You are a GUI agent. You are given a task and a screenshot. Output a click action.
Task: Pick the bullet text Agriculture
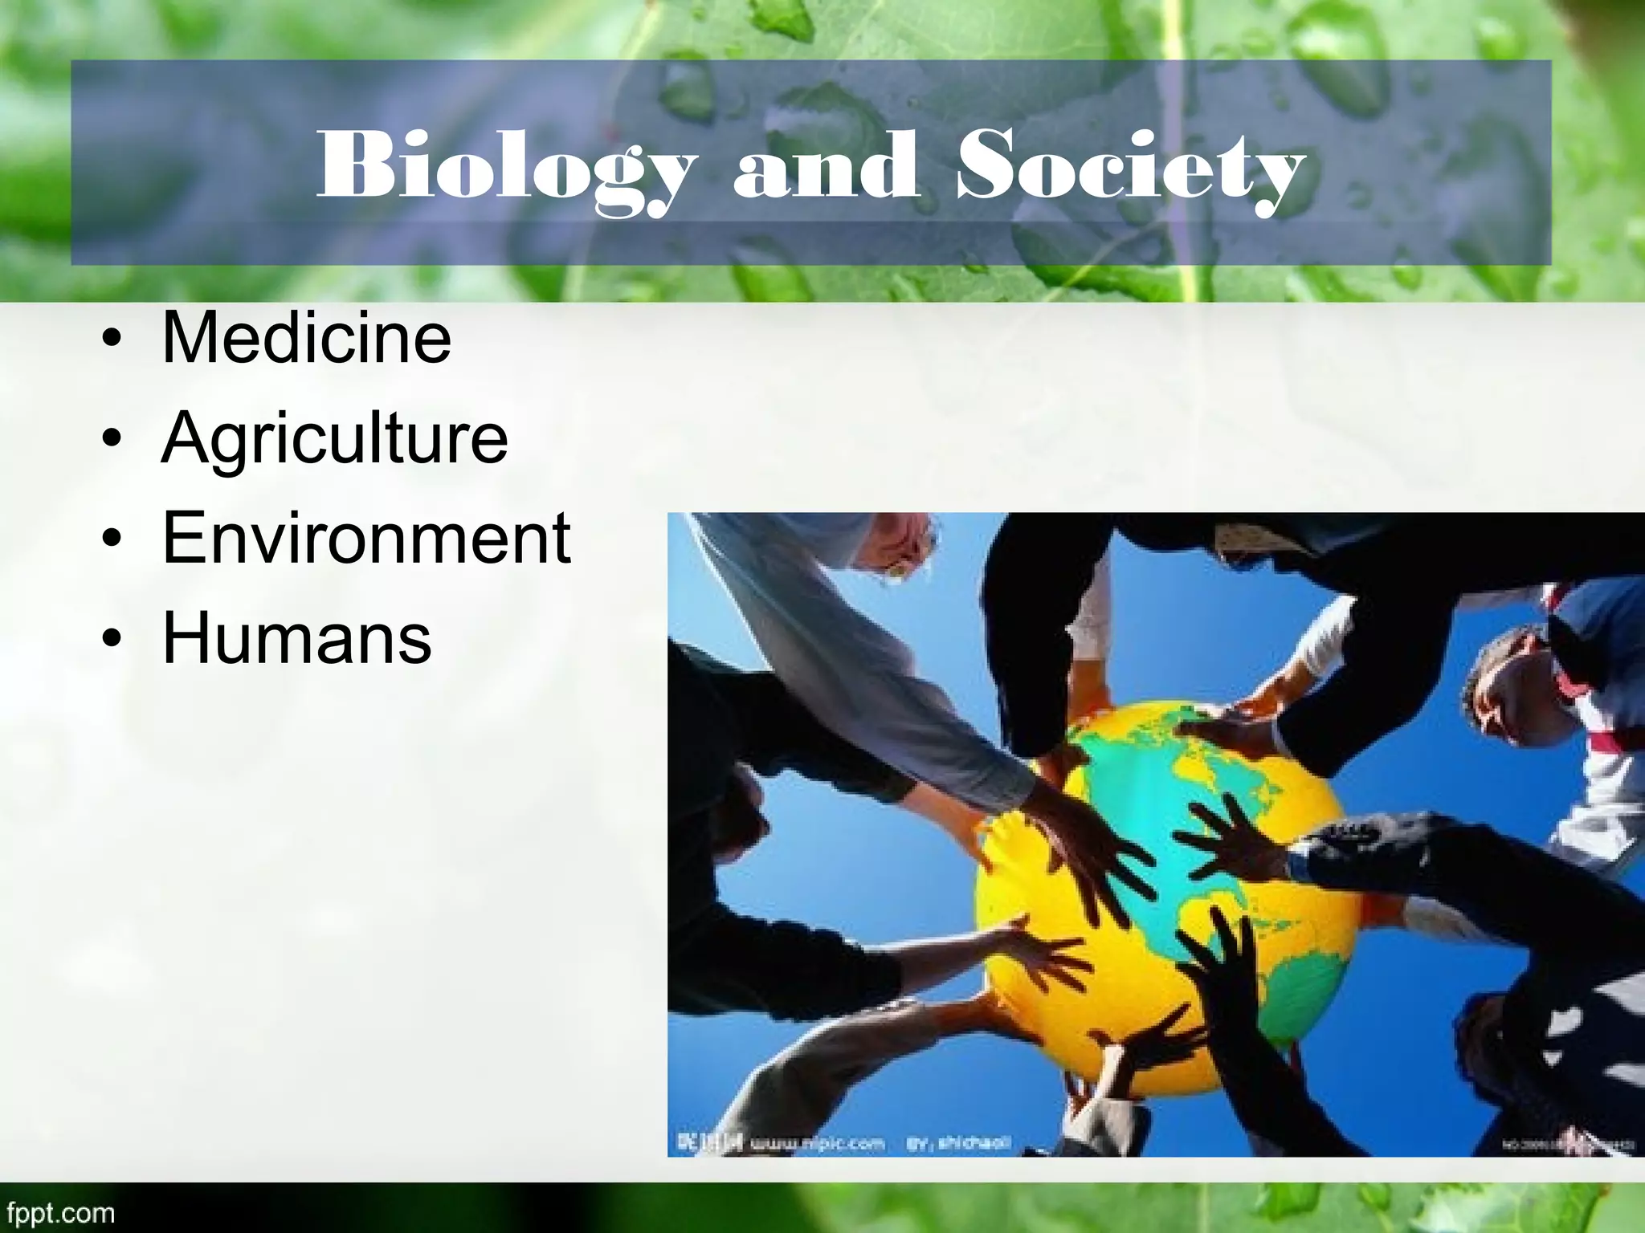[x=334, y=439]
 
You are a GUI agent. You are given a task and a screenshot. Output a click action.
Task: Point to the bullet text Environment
[x=366, y=538]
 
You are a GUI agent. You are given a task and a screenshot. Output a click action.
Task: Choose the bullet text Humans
[x=296, y=638]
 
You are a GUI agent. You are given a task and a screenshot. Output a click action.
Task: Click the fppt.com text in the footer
[x=58, y=1212]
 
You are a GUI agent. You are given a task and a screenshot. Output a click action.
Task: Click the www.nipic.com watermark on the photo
[x=817, y=1143]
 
